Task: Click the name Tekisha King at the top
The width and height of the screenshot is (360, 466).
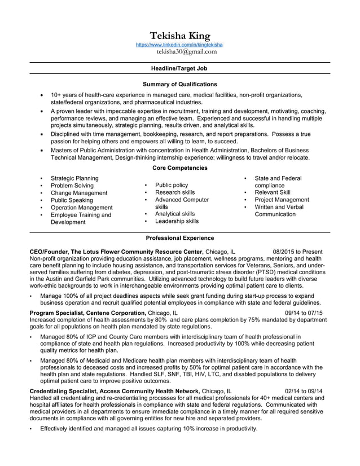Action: (x=179, y=36)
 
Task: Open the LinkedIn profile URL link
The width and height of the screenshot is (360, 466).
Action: (x=180, y=45)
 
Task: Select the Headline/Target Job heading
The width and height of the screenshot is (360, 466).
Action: (x=179, y=68)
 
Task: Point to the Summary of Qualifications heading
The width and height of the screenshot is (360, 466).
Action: (x=179, y=84)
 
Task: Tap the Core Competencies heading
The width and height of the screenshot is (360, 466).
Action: (x=179, y=168)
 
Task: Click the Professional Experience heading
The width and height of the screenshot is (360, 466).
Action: (x=179, y=238)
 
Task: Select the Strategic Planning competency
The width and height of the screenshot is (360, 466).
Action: (x=74, y=178)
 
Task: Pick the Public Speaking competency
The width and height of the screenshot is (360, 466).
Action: (x=72, y=200)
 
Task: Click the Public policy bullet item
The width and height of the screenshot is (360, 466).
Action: (x=172, y=185)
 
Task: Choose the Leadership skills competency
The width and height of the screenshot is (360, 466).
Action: (x=177, y=222)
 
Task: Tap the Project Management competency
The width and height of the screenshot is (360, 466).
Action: (x=282, y=200)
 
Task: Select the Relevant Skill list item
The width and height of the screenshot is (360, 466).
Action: (x=273, y=192)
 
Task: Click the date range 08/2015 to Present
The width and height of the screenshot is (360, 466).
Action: (x=297, y=252)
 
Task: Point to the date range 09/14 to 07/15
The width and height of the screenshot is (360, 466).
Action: (x=304, y=313)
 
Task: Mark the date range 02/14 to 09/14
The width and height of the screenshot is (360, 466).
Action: (x=304, y=390)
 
